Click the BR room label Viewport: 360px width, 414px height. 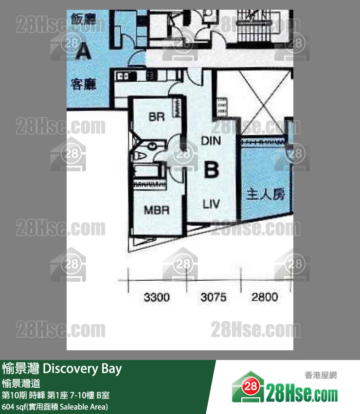point(157,117)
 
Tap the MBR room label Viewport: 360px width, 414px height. point(156,211)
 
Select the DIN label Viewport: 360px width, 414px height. point(211,142)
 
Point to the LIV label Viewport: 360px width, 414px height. point(211,204)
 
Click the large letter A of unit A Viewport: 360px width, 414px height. point(83,50)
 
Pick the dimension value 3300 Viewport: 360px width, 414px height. point(157,297)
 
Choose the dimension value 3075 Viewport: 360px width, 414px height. point(213,297)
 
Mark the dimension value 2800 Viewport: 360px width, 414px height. point(265,297)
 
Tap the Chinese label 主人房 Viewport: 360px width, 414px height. point(265,195)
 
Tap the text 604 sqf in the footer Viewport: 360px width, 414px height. point(15,406)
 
